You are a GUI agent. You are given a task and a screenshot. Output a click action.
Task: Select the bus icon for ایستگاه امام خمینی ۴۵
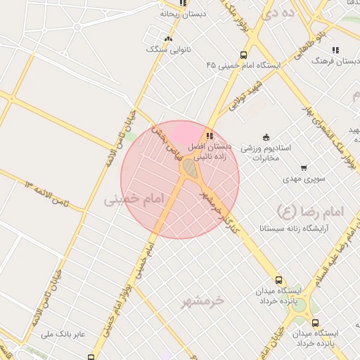click(x=243, y=55)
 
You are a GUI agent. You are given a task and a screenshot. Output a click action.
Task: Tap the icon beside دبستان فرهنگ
click(x=335, y=50)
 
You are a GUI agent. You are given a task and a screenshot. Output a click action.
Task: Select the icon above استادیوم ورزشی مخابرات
click(x=265, y=137)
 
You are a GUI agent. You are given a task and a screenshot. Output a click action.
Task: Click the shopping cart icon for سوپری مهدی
click(x=303, y=168)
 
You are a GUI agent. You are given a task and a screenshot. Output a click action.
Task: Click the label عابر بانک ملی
click(x=63, y=333)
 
